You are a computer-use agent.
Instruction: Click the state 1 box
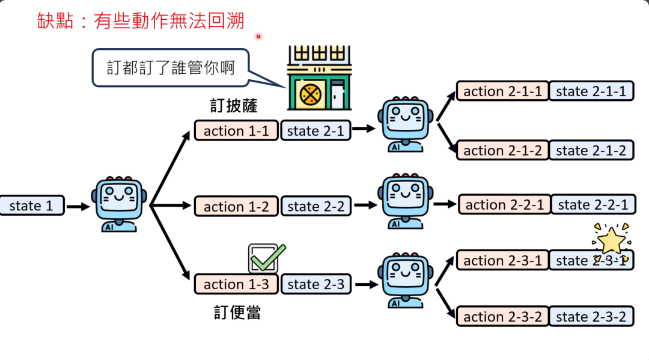click(31, 206)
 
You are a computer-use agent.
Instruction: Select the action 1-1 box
click(236, 130)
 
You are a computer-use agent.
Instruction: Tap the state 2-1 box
click(315, 130)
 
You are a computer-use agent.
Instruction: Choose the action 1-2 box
click(236, 206)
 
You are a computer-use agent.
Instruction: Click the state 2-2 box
click(315, 206)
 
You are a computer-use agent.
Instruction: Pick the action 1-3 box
click(236, 284)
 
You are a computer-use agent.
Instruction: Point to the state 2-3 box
click(315, 284)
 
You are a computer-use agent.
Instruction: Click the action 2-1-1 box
click(502, 91)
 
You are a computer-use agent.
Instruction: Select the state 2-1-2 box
click(591, 150)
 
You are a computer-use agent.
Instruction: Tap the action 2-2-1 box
click(504, 204)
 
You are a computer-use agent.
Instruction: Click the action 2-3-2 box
click(502, 316)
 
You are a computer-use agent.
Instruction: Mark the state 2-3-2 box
click(591, 316)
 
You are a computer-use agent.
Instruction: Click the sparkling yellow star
click(612, 240)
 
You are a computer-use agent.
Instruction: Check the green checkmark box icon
click(265, 258)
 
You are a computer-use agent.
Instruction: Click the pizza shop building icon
click(318, 79)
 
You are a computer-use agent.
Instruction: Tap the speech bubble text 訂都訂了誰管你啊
click(170, 67)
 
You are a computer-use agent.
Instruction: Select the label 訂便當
click(237, 313)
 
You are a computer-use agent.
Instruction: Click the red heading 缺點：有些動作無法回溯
click(140, 21)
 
